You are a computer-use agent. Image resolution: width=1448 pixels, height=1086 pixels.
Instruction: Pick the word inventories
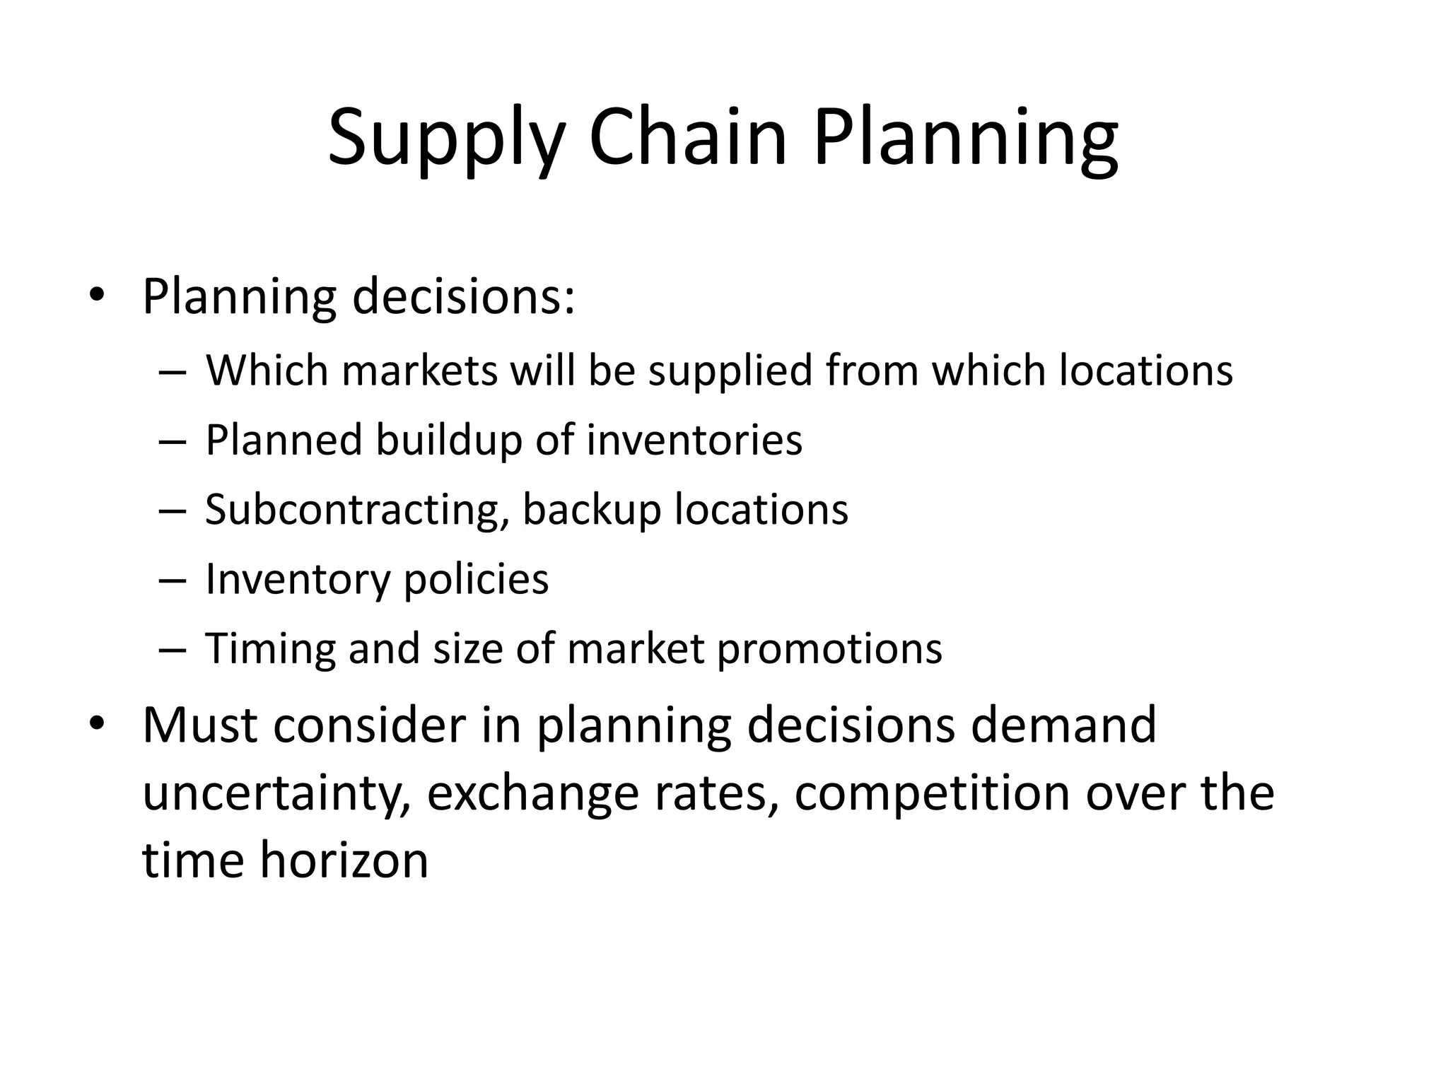click(694, 439)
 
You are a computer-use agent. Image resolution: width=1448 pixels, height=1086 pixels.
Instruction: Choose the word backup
click(591, 510)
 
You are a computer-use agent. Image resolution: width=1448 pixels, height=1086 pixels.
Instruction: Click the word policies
click(476, 580)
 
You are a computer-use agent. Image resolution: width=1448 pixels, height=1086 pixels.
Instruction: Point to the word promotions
click(829, 649)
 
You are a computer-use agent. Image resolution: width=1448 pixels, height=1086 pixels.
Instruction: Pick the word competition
click(932, 793)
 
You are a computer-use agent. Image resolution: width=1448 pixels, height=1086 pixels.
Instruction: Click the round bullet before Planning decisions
click(98, 296)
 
